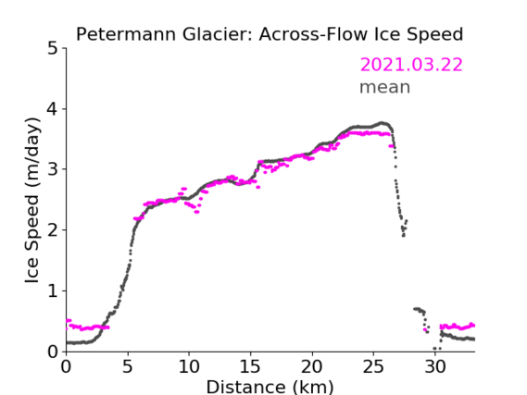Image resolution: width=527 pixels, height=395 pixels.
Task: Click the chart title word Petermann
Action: click(126, 34)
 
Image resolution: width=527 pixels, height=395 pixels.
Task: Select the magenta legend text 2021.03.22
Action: click(411, 65)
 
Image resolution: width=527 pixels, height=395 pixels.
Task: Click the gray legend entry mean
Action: click(385, 87)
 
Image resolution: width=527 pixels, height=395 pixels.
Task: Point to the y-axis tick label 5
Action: click(53, 49)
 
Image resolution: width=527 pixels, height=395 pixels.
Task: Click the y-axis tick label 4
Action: click(53, 109)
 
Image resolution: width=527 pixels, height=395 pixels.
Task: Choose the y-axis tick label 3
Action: click(53, 169)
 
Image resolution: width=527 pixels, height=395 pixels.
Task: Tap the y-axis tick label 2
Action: click(53, 230)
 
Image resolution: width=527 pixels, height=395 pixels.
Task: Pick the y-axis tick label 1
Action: click(53, 291)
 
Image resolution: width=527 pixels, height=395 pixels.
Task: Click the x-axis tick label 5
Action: click(128, 366)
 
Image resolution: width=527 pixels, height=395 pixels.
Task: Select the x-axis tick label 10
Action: click(189, 366)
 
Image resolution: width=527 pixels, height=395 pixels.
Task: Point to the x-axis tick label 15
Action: click(250, 366)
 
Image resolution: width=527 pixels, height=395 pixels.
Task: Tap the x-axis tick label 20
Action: click(311, 366)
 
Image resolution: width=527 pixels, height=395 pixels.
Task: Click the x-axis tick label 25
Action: click(373, 366)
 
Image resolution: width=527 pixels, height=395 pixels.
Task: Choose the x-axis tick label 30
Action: click(435, 366)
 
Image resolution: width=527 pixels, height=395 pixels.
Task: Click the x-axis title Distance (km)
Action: click(270, 387)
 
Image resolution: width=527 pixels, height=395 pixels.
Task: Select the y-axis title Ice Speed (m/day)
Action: click(32, 201)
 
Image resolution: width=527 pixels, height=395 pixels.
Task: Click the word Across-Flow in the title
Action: click(311, 34)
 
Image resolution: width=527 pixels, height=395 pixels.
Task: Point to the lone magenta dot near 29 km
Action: click(425, 330)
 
